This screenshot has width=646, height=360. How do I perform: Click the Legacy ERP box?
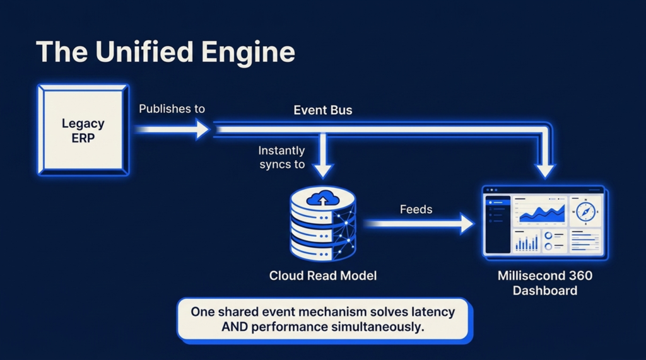(83, 130)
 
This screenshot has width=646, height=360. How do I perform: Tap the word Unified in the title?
(144, 52)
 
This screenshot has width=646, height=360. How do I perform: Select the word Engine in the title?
(248, 53)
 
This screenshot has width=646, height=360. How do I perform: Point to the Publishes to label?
(172, 108)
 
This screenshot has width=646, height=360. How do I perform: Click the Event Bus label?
(323, 110)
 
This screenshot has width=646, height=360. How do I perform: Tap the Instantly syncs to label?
(282, 158)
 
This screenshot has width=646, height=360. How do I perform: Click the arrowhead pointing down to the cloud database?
(323, 170)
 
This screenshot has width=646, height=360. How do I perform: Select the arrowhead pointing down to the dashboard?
(545, 170)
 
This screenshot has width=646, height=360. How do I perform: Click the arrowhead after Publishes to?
(203, 129)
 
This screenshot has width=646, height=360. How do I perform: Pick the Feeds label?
(416, 209)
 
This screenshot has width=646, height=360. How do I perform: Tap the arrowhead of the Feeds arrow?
(467, 224)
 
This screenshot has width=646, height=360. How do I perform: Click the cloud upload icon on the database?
(323, 198)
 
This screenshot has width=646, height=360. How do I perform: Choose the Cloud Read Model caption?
(323, 276)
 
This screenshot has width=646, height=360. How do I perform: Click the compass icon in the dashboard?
(585, 212)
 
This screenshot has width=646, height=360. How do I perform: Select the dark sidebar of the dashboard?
(498, 224)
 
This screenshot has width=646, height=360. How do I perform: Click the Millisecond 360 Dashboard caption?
(545, 283)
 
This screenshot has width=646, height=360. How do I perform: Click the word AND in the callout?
(235, 327)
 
